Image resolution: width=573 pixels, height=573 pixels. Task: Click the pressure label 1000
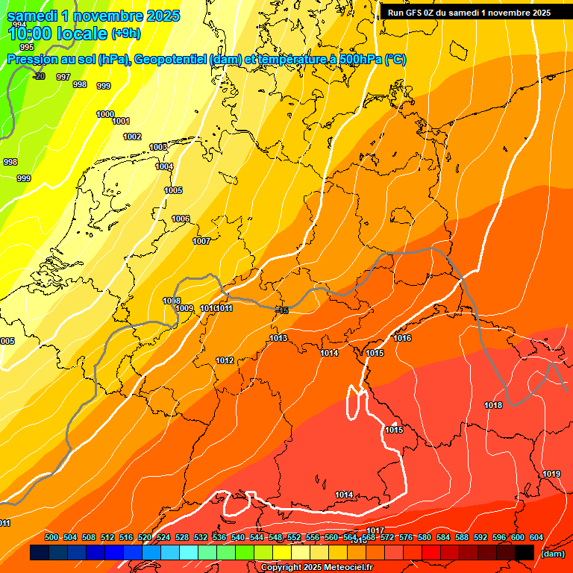[105, 114]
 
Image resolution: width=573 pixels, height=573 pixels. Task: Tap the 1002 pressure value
[132, 137]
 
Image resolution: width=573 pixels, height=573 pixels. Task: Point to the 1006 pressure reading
[181, 219]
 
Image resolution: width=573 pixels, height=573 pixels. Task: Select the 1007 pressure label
[201, 241]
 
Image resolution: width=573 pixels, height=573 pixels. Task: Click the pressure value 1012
[225, 360]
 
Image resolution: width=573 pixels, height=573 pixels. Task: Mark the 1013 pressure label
[278, 338]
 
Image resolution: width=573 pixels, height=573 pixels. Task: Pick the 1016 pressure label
[402, 338]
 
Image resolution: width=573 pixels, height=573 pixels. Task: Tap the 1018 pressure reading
[493, 405]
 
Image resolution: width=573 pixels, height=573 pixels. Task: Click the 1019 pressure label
[551, 474]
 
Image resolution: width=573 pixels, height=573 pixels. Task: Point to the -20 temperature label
[39, 76]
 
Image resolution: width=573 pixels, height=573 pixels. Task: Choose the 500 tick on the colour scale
[51, 537]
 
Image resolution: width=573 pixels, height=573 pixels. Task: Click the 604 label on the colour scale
[536, 537]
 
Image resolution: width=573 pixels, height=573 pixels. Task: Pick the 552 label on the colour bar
[294, 537]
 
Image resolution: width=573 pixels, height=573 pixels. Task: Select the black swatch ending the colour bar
[524, 552]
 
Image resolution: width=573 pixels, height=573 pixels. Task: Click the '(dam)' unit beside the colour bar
[552, 553]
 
